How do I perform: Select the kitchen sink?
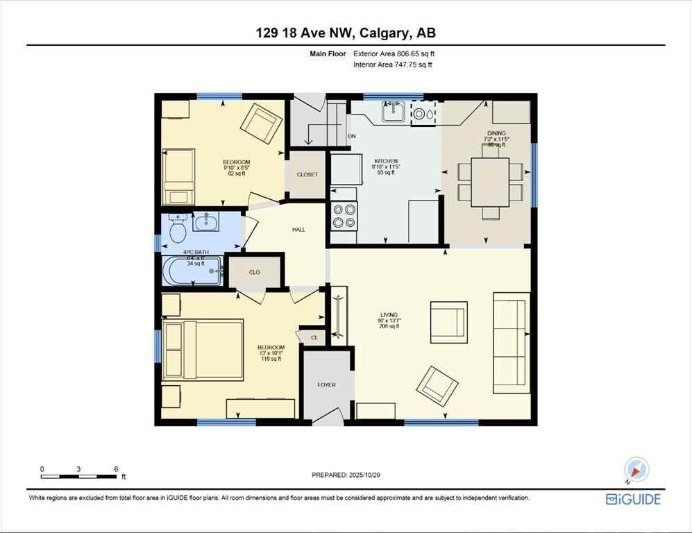pos(394,110)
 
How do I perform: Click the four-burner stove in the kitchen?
pos(344,214)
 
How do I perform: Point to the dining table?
pos(490,183)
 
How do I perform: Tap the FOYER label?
pos(327,384)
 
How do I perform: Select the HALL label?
pos(298,229)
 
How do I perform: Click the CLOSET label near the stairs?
pos(307,174)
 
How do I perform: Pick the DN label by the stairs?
pos(352,136)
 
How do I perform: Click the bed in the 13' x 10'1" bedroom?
pos(203,350)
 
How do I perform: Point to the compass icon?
pos(636,471)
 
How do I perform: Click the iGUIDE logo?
pos(633,499)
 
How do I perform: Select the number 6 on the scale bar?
pos(115,469)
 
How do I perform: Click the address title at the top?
pos(346,33)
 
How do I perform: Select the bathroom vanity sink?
pos(205,222)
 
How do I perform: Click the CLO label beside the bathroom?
pos(255,272)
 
